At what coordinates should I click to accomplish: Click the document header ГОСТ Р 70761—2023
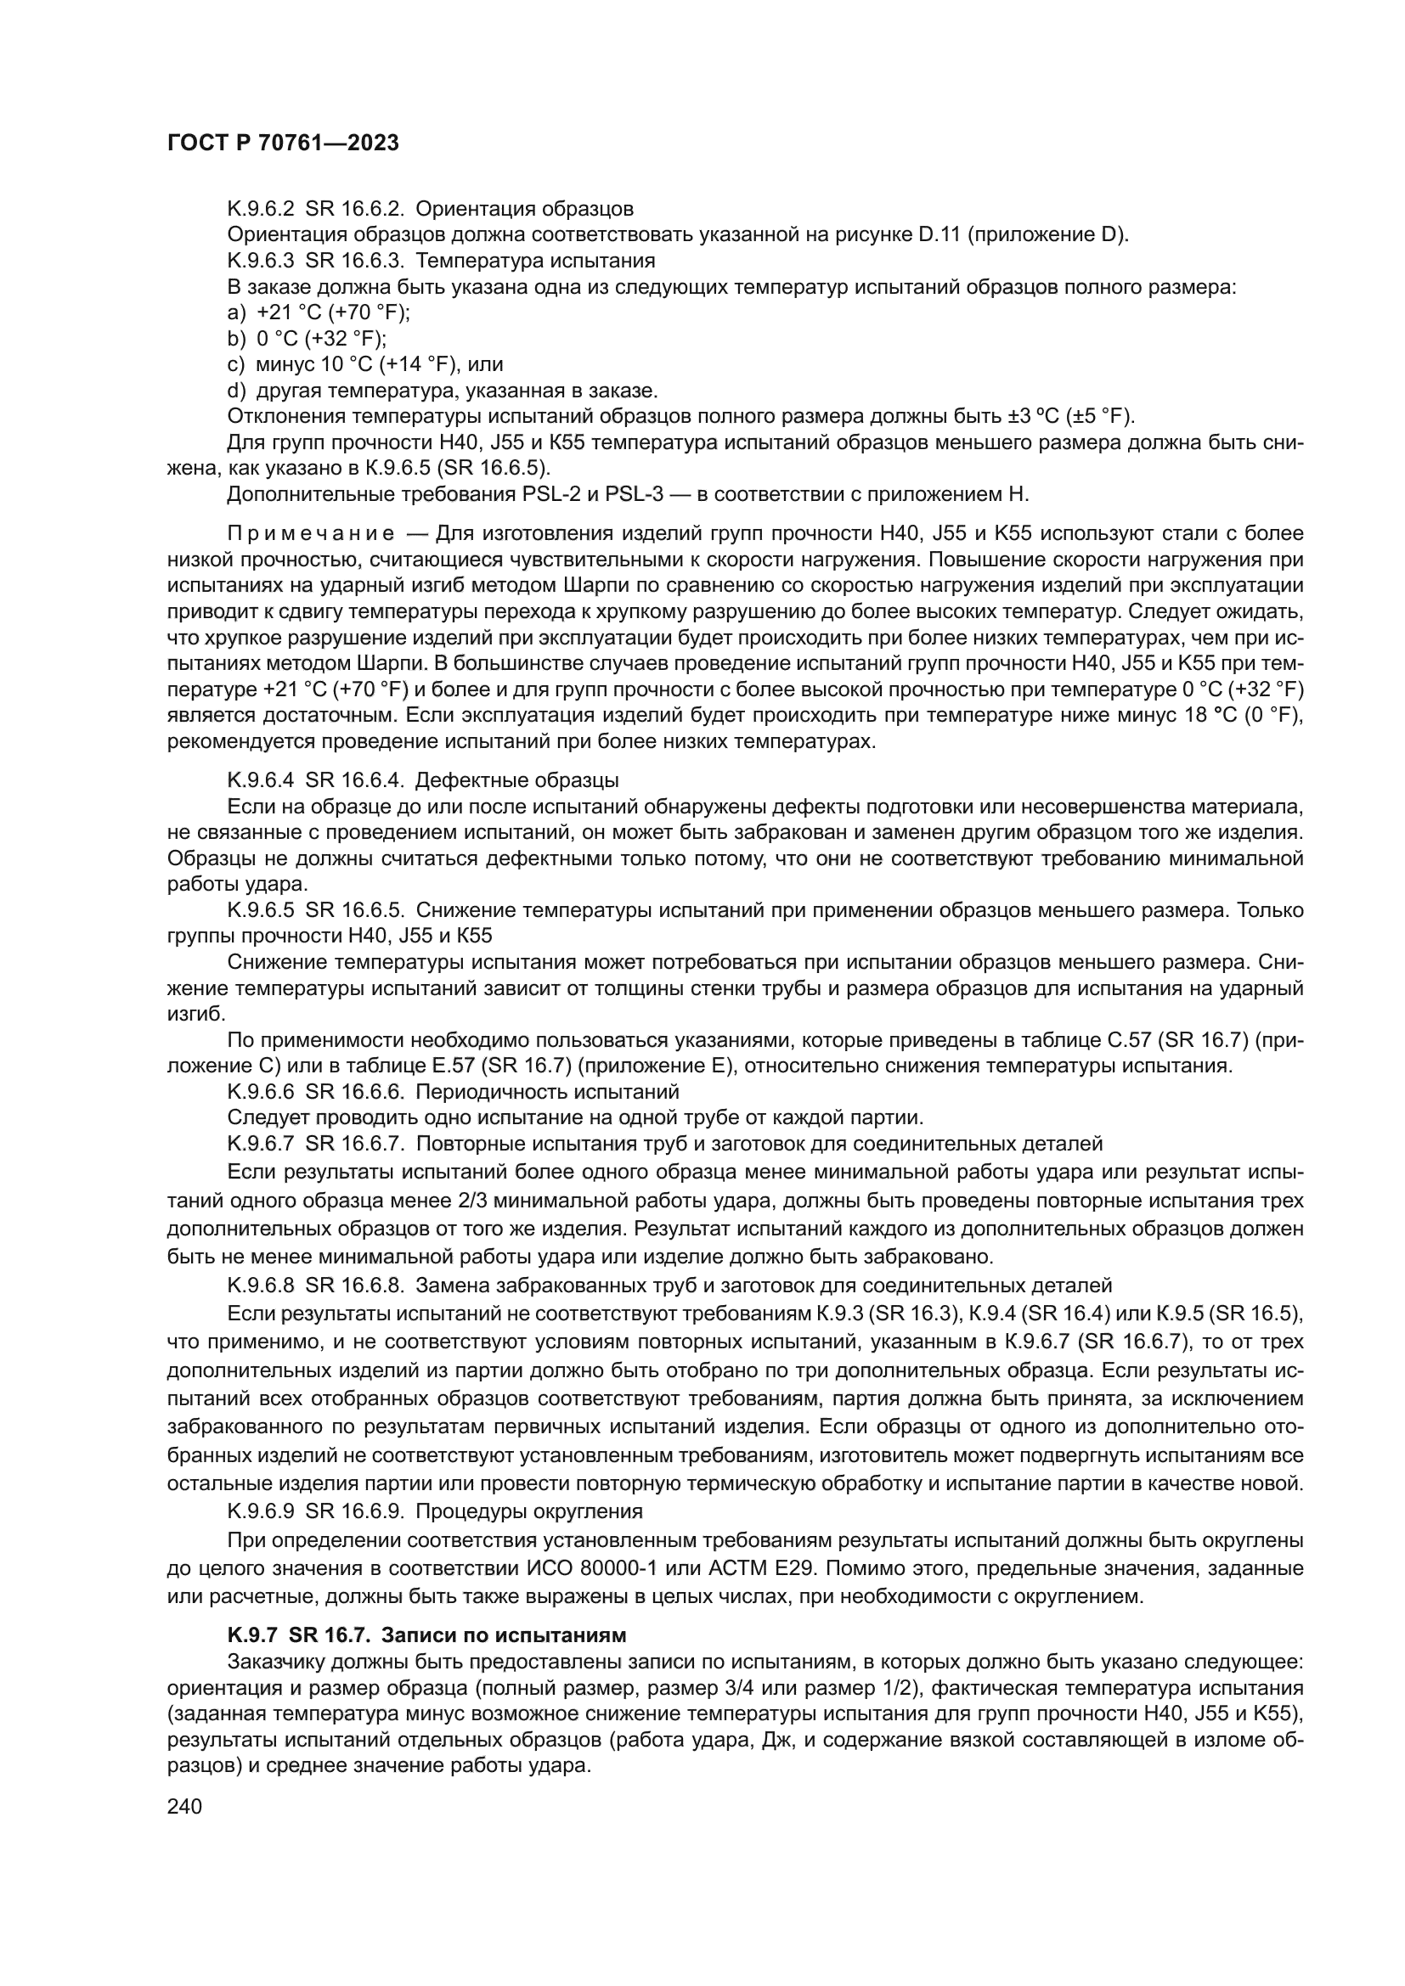(x=282, y=143)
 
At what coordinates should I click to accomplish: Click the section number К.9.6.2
(x=260, y=209)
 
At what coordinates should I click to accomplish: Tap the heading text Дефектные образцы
(x=516, y=780)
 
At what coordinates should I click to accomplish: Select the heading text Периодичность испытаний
(x=547, y=1092)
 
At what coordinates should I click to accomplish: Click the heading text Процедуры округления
(x=528, y=1511)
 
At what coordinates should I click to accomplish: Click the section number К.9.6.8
(x=260, y=1285)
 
